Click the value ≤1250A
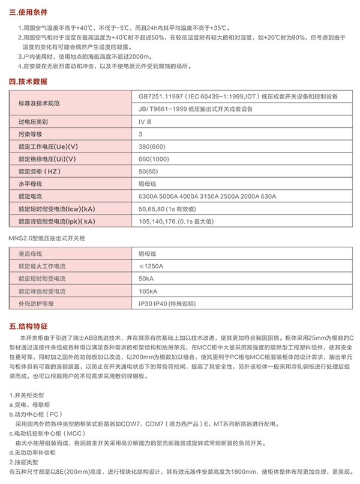click(x=151, y=265)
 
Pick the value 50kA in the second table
click(x=146, y=278)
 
